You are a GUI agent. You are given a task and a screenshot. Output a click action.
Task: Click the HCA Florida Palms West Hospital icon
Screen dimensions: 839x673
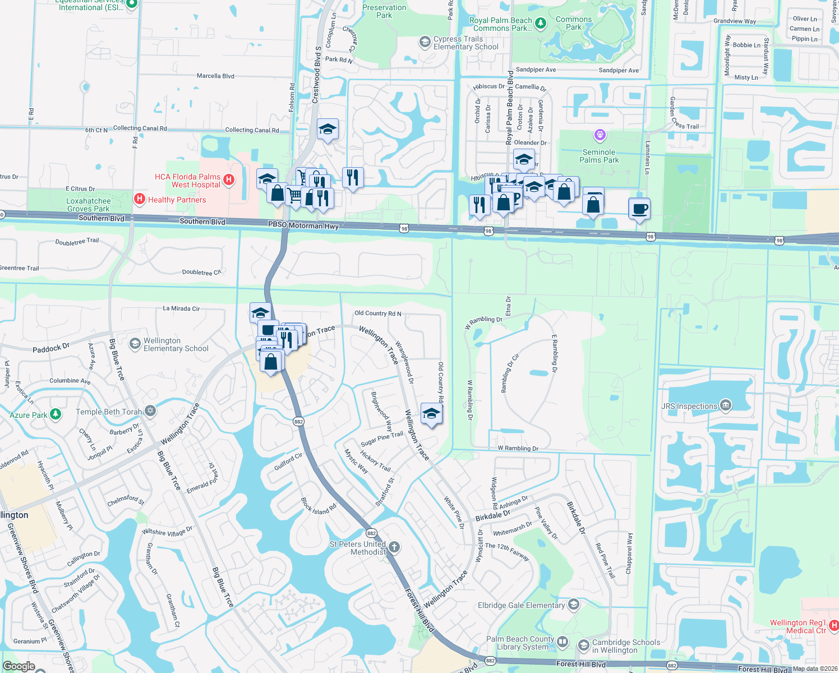pyautogui.click(x=229, y=180)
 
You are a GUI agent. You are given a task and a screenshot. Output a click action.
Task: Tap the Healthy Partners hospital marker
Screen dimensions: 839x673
pyautogui.click(x=140, y=199)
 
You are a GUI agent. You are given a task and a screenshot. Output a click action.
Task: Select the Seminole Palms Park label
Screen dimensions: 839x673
pyautogui.click(x=599, y=156)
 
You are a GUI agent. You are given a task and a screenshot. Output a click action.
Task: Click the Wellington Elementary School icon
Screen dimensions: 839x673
pyautogui.click(x=135, y=344)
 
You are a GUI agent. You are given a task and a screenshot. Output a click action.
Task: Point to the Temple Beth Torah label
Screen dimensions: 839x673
pyautogui.click(x=109, y=412)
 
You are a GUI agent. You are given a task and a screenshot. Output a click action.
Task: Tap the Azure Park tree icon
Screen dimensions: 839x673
pyautogui.click(x=56, y=414)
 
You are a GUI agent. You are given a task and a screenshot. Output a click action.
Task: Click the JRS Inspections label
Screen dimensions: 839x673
pyautogui.click(x=689, y=406)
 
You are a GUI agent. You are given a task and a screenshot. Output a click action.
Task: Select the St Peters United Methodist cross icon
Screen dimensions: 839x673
pyautogui.click(x=394, y=547)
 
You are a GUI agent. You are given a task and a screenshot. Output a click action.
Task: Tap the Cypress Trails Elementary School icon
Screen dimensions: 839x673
pyautogui.click(x=425, y=42)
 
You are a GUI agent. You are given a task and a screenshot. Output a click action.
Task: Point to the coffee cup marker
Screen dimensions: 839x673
pyautogui.click(x=640, y=209)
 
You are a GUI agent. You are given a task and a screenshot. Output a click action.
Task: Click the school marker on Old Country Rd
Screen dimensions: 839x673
pyautogui.click(x=431, y=414)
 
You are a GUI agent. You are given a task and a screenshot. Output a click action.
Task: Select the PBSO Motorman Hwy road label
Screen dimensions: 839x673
pyautogui.click(x=303, y=225)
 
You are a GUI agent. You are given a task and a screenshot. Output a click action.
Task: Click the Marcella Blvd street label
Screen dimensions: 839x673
pyautogui.click(x=215, y=76)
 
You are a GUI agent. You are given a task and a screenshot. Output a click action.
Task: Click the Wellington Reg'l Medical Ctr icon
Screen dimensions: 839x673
pyautogui.click(x=834, y=625)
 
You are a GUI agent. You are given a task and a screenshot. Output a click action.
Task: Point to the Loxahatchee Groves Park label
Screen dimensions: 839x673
pyautogui.click(x=89, y=205)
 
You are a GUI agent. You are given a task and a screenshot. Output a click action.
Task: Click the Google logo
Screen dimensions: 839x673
pyautogui.click(x=19, y=666)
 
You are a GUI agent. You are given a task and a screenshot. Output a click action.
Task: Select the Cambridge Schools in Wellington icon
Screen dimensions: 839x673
pyautogui.click(x=584, y=646)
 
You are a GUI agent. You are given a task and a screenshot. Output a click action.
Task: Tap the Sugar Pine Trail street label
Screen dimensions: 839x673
pyautogui.click(x=382, y=439)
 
